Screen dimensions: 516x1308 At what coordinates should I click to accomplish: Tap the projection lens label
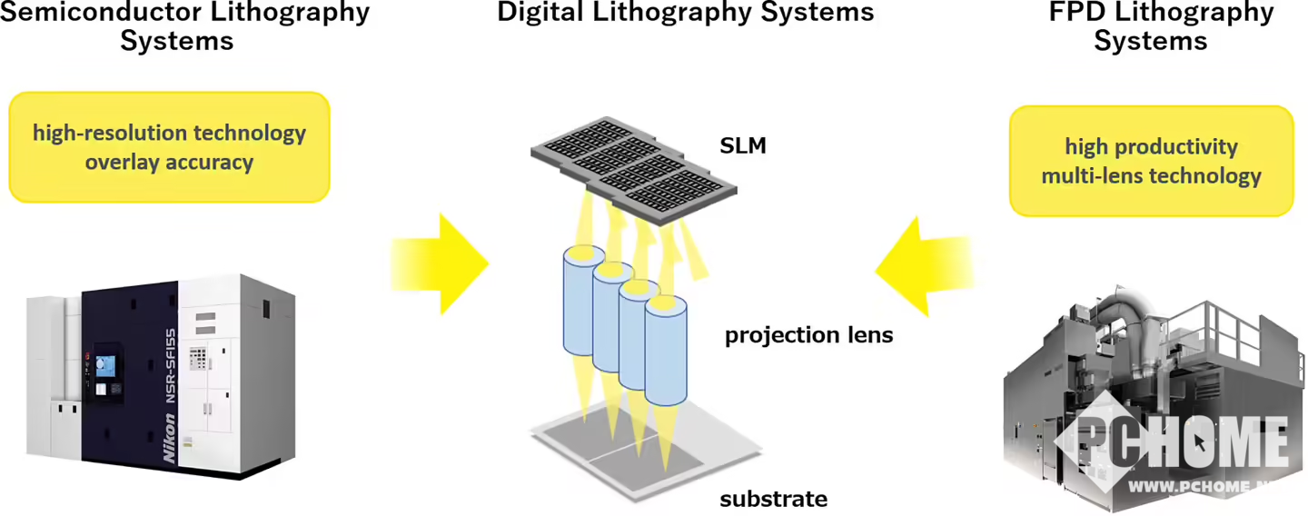(808, 335)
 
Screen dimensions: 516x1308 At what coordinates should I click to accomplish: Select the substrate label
(773, 499)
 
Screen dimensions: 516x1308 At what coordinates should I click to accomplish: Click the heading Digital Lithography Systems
(685, 13)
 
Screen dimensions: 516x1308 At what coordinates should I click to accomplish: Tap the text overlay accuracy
(169, 163)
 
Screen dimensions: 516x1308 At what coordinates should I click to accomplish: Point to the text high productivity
(1151, 146)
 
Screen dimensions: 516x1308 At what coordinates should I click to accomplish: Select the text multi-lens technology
(1151, 175)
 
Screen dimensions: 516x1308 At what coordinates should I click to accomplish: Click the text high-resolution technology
(169, 134)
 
